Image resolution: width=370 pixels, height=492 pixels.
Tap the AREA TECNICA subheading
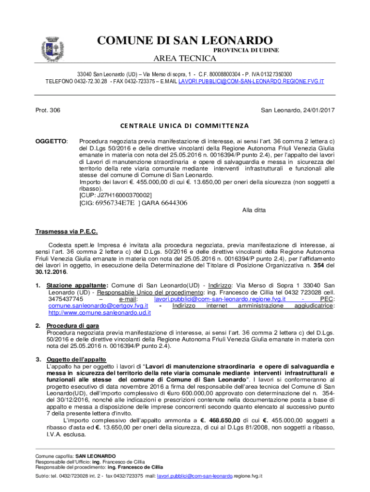point(184,59)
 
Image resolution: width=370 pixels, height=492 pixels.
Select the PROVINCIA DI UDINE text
point(246,50)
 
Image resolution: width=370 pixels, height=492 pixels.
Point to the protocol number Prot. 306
point(48,111)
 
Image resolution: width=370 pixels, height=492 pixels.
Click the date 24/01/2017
point(316,111)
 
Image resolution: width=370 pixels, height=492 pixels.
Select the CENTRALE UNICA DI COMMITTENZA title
point(185,126)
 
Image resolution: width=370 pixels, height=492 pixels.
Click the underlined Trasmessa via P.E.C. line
point(66,232)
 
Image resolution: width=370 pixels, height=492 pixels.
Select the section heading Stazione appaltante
point(77,285)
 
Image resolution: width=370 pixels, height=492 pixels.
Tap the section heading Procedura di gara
point(69,326)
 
